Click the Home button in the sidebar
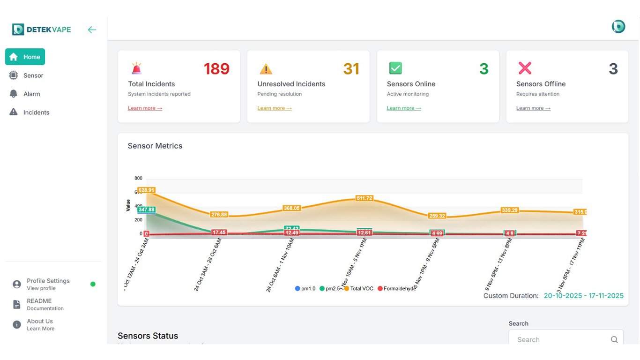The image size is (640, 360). tap(25, 57)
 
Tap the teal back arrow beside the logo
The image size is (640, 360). tap(92, 30)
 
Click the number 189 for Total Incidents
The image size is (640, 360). tap(216, 69)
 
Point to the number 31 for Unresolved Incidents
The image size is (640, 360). tap(351, 69)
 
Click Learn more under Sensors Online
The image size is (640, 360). tap(403, 108)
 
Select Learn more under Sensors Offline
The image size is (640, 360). tap(533, 108)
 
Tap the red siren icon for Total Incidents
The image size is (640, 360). tap(136, 68)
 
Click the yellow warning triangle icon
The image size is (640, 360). tap(266, 69)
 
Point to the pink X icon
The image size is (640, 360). tap(525, 68)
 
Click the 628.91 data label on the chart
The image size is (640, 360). tap(146, 190)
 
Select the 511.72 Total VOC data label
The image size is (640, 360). tap(364, 198)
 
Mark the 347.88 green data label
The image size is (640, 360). tap(146, 210)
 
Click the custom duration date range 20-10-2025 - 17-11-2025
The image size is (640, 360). tap(583, 296)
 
